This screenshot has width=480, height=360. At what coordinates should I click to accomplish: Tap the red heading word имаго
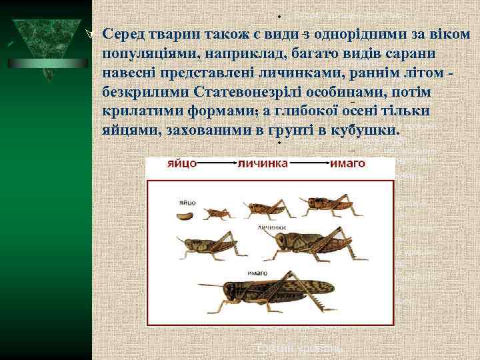tap(348, 163)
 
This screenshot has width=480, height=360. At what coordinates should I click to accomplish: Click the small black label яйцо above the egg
tap(187, 201)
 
